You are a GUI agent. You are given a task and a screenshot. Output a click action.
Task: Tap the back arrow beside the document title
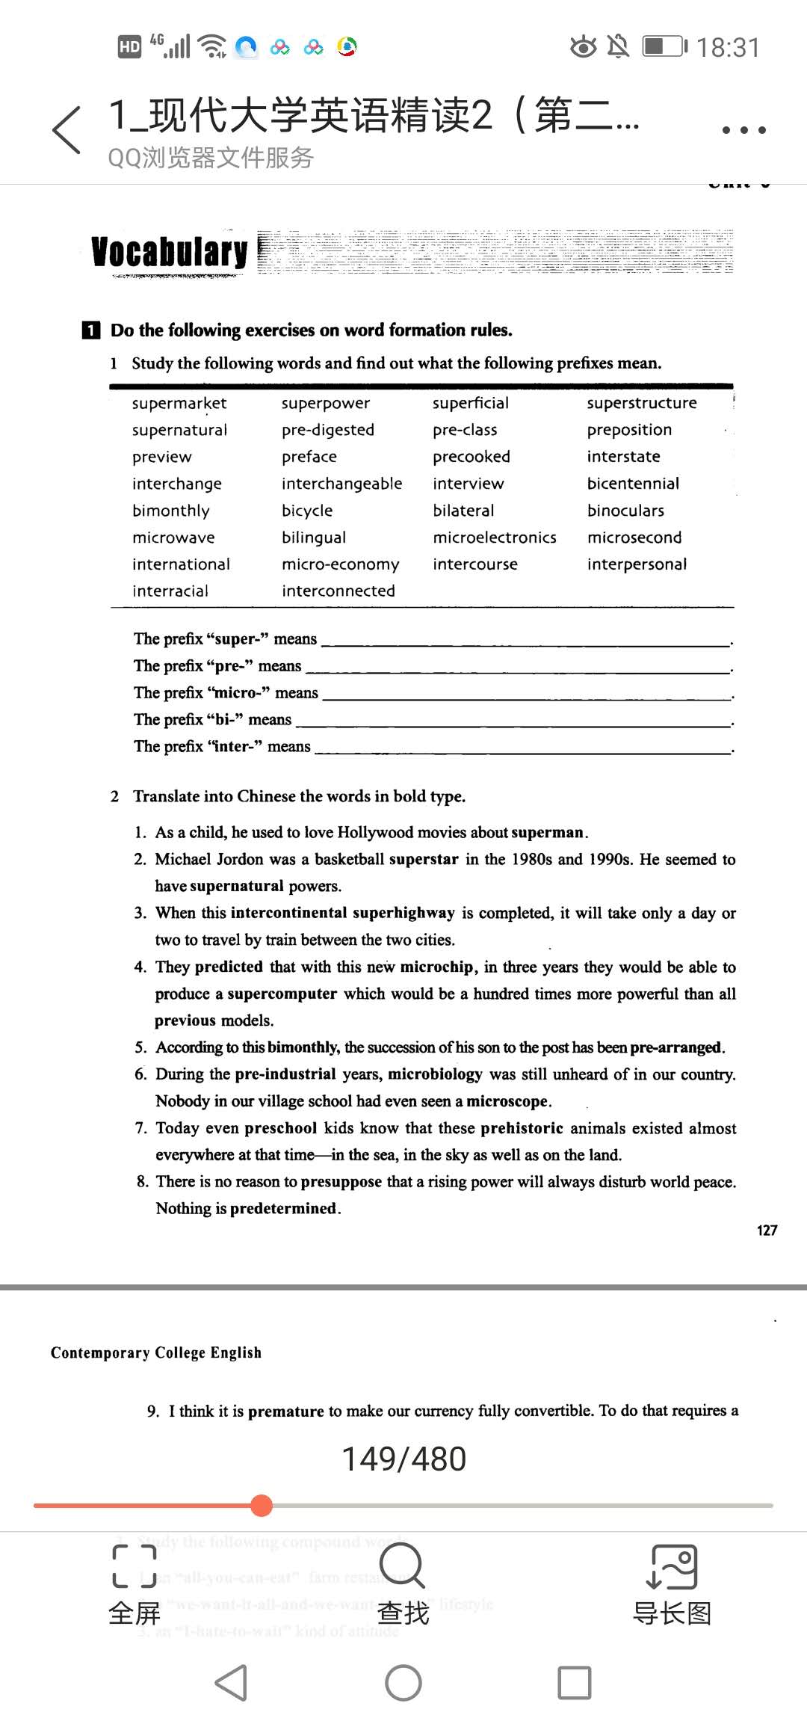click(67, 130)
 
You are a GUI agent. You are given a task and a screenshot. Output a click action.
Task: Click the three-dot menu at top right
click(743, 130)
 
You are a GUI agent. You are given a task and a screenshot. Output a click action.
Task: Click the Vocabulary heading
click(169, 252)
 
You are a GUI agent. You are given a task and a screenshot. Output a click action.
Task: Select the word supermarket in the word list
click(179, 403)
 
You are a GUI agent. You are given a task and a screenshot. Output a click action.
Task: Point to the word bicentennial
click(633, 484)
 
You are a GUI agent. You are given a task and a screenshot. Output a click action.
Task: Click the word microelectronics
click(495, 538)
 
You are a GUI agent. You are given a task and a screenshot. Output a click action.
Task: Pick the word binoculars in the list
click(625, 511)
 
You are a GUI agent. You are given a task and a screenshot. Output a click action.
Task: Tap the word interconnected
click(338, 591)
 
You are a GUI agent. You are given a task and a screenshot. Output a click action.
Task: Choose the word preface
click(309, 457)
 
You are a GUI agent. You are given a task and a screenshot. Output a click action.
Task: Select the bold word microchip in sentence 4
click(437, 967)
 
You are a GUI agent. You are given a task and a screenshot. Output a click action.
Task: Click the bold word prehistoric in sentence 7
click(522, 1128)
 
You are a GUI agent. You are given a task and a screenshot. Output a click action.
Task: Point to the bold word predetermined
click(283, 1208)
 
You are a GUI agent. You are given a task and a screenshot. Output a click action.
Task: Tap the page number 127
click(767, 1231)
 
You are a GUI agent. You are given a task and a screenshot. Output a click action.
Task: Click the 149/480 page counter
click(403, 1459)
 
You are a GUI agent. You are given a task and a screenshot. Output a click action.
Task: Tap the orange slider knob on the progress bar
click(262, 1505)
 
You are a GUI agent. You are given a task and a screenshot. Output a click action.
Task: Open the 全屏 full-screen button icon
click(134, 1566)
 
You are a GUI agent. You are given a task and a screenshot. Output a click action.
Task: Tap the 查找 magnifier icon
click(402, 1565)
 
